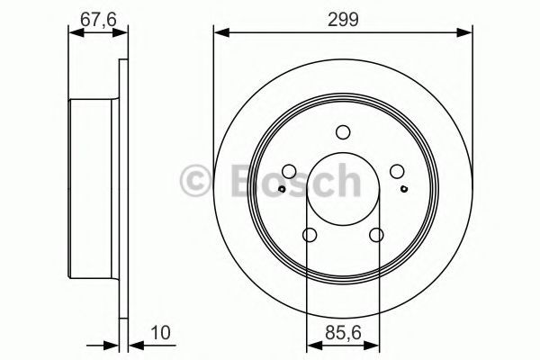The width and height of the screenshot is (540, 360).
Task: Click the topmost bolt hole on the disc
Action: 343,132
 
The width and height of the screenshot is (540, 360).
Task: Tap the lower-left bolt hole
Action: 310,236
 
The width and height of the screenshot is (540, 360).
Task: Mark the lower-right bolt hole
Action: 376,236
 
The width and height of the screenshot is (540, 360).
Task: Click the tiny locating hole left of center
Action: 281,189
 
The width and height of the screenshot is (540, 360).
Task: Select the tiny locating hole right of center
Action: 405,189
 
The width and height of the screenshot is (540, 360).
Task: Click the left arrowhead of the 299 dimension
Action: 219,33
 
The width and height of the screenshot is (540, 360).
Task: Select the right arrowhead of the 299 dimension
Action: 468,33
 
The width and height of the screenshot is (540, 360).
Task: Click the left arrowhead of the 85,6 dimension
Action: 311,341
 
